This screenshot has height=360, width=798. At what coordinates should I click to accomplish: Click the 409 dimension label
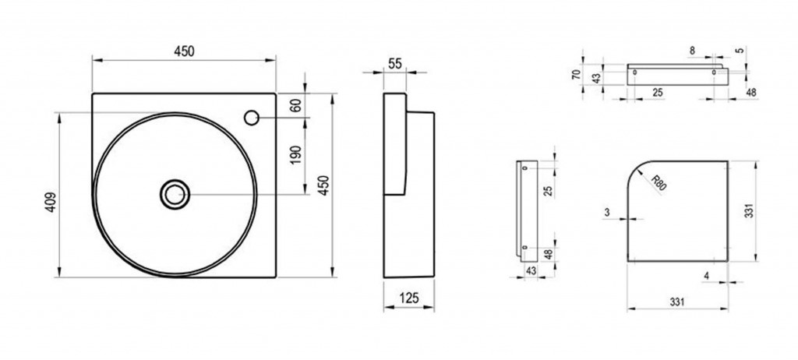(51, 202)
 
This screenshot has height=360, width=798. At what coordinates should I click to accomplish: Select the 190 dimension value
(296, 154)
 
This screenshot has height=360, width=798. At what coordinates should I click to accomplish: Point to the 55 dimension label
(395, 64)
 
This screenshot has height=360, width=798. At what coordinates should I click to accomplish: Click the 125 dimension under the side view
(408, 298)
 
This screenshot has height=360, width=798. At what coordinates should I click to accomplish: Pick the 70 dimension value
(576, 74)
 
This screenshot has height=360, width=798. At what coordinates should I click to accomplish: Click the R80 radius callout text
(659, 182)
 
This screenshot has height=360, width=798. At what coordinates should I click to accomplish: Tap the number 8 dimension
(692, 51)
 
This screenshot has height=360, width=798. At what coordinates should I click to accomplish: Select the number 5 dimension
(740, 50)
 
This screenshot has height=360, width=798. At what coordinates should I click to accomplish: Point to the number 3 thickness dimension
(607, 213)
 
